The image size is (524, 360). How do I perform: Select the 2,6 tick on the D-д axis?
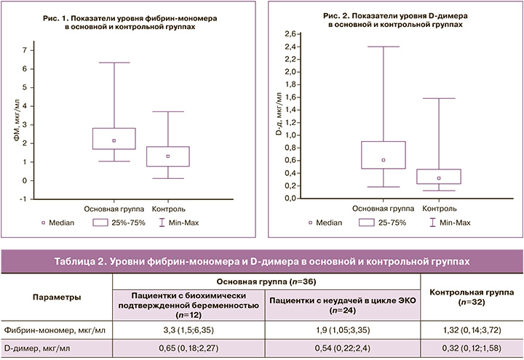[x=292, y=34]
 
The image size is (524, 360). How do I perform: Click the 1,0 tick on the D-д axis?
[x=292, y=135]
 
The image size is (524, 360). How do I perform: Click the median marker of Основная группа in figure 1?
[x=114, y=140]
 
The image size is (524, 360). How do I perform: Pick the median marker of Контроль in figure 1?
[x=168, y=156]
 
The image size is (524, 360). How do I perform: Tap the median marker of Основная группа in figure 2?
[x=384, y=160]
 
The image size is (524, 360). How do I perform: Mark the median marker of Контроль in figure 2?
[x=438, y=178]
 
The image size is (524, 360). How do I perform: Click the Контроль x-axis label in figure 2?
[x=439, y=209]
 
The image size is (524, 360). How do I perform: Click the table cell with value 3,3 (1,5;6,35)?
[x=188, y=329]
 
